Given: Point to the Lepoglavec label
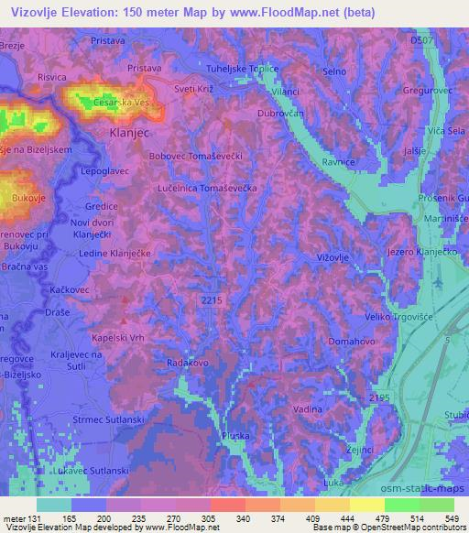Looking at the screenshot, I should click(107, 171).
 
